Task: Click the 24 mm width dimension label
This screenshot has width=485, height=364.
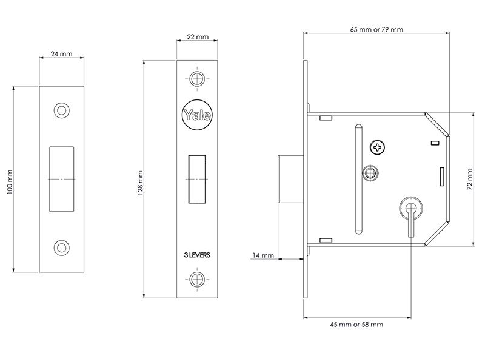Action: point(62,54)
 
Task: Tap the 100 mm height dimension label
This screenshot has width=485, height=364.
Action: point(10,182)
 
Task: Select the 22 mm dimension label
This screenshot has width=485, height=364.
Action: point(198,37)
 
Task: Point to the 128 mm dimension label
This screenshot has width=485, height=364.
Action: point(140,183)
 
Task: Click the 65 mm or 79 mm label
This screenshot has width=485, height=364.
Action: point(376,29)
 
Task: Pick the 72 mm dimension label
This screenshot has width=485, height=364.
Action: point(469,179)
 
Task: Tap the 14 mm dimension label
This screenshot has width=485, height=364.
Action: point(263,255)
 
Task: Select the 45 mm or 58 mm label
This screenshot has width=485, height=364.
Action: point(356,325)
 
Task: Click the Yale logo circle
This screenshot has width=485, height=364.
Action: point(198,115)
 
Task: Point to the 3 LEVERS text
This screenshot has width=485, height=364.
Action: point(197,255)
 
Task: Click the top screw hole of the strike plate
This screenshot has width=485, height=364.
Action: point(62,110)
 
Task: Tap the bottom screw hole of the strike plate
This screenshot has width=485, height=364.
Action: point(62,248)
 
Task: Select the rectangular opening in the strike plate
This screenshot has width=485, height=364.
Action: point(62,179)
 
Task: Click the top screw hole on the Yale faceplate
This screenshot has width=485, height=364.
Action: point(197,79)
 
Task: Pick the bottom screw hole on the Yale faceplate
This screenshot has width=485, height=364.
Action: point(197,279)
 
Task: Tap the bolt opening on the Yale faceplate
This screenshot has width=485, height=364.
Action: point(197,179)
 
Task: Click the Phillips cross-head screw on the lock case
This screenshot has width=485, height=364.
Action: point(377,147)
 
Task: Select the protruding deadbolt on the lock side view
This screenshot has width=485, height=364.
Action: point(290,179)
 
